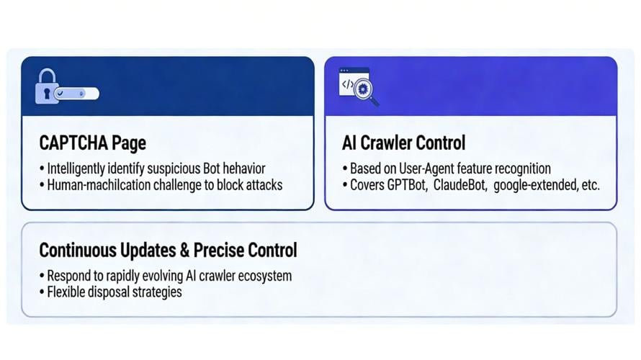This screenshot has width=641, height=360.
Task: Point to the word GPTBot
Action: click(408, 185)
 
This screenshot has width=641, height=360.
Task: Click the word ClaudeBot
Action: click(460, 185)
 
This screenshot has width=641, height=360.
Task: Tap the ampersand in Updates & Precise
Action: click(187, 251)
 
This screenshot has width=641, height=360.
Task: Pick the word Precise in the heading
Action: click(220, 251)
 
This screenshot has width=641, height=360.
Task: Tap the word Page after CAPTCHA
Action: click(129, 143)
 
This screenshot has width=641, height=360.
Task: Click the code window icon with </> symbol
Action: click(349, 83)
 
